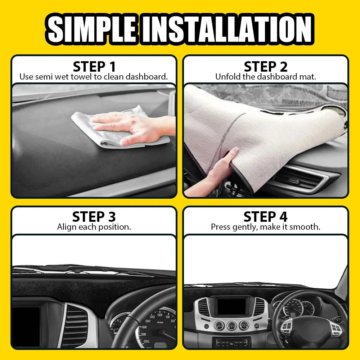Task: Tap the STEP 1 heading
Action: click(x=94, y=67)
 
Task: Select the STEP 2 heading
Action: click(x=266, y=67)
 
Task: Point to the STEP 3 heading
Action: click(x=94, y=217)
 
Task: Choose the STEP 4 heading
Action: click(x=266, y=217)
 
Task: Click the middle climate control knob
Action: click(x=231, y=326)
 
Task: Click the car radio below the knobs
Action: click(x=231, y=342)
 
